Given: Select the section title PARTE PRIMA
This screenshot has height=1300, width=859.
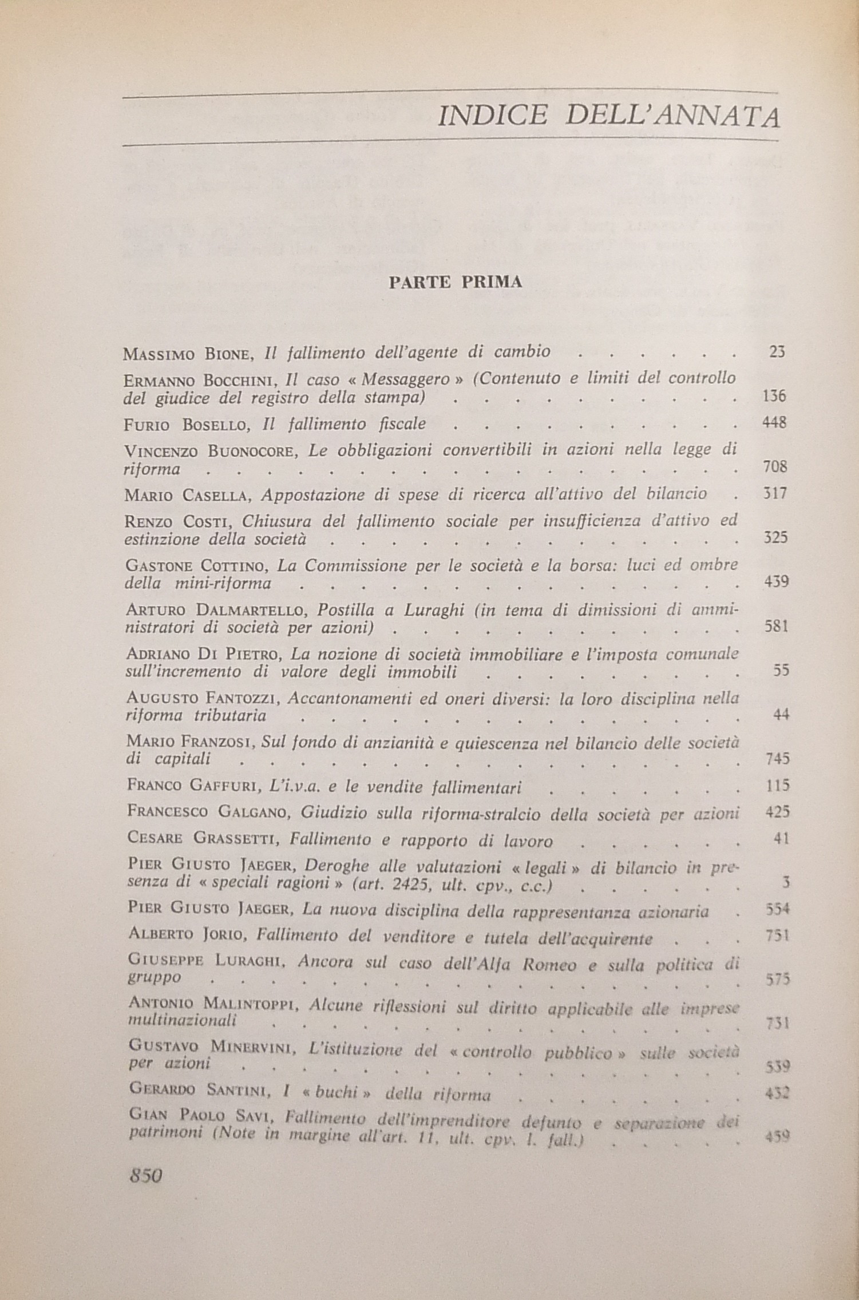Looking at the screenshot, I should (x=455, y=283).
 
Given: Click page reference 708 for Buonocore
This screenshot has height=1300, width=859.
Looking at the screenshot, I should (x=775, y=467).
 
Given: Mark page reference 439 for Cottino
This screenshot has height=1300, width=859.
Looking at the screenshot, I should (x=777, y=582).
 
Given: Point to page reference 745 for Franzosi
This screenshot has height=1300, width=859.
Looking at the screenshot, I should (x=777, y=759).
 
